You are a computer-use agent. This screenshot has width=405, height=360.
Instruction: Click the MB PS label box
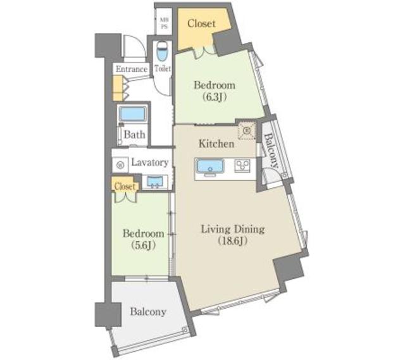(164, 23)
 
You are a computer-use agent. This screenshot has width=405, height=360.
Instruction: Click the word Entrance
(132, 69)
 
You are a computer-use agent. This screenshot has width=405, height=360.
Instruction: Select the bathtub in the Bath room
(134, 115)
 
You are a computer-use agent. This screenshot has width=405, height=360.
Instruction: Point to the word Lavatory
(150, 163)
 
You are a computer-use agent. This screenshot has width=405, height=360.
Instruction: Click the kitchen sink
(209, 167)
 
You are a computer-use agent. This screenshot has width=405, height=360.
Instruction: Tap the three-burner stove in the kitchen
(243, 166)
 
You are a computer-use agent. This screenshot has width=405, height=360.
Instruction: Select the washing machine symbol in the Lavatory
(120, 164)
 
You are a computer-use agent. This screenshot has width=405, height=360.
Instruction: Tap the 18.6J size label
(232, 240)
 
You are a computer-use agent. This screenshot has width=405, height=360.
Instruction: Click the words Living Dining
(232, 229)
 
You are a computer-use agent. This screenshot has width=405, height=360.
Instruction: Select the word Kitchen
(216, 144)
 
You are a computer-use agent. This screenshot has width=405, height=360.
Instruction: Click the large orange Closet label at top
(202, 24)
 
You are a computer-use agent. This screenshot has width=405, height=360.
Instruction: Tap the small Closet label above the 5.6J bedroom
(125, 187)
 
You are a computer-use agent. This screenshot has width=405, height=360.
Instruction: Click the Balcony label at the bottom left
(148, 312)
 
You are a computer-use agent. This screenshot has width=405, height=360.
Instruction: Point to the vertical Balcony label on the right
(271, 152)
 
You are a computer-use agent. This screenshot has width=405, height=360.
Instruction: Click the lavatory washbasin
(154, 182)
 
